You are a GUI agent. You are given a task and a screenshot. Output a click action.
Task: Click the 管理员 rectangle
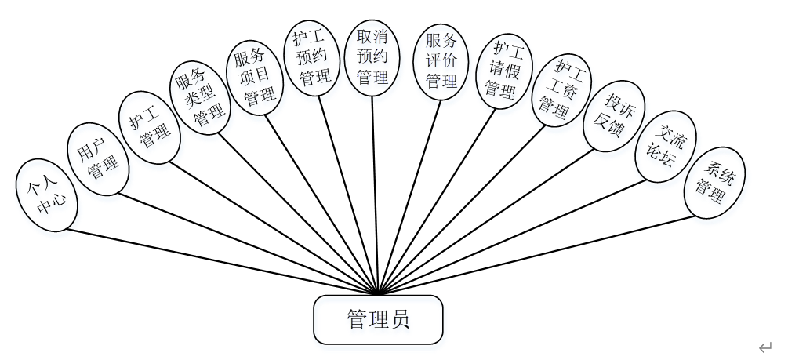tap(378, 319)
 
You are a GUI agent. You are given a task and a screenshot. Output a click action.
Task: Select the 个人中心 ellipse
tap(46, 197)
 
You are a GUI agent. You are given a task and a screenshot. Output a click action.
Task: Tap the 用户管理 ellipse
tap(97, 159)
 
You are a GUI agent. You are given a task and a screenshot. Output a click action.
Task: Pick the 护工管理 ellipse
tap(149, 127)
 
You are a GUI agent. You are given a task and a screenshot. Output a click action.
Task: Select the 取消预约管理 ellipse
tap(372, 57)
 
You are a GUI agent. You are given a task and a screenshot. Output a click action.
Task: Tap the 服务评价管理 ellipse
tap(441, 60)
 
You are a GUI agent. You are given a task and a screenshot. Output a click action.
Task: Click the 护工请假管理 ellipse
tap(503, 71)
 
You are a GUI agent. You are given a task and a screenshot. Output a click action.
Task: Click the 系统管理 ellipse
tap(714, 183)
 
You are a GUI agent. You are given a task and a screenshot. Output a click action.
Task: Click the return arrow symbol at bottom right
tap(765, 347)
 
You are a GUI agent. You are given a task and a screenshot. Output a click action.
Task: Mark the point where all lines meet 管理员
tap(378, 295)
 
